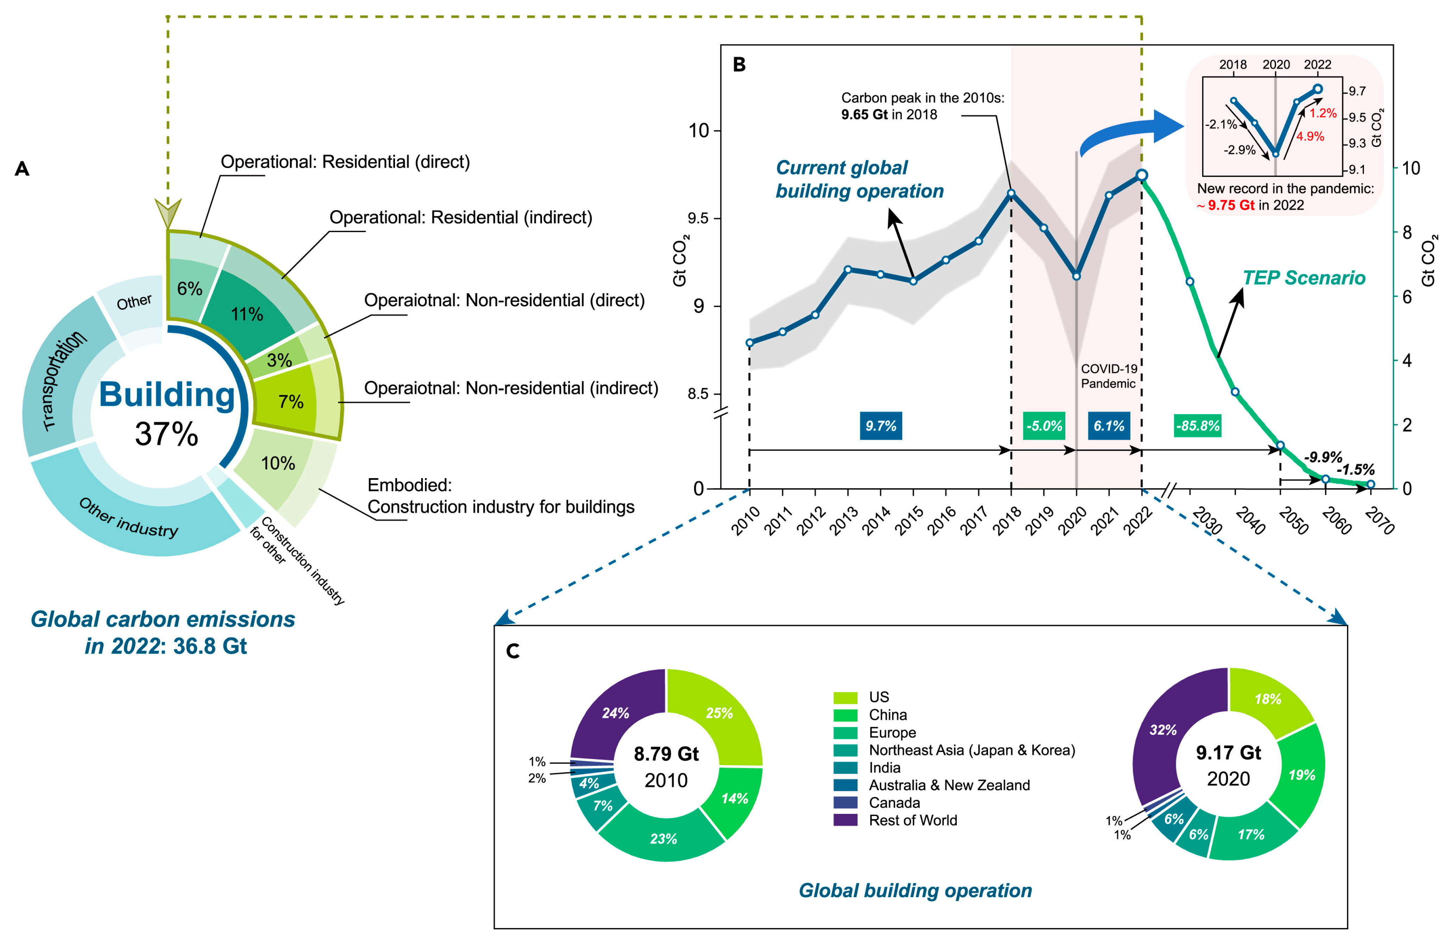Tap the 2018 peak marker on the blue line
1011,193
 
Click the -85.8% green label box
1197,426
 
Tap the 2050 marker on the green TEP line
1280,445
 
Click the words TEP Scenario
1304,278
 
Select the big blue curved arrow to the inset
1129,131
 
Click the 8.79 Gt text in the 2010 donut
666,754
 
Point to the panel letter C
513,651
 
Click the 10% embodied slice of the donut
278,464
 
